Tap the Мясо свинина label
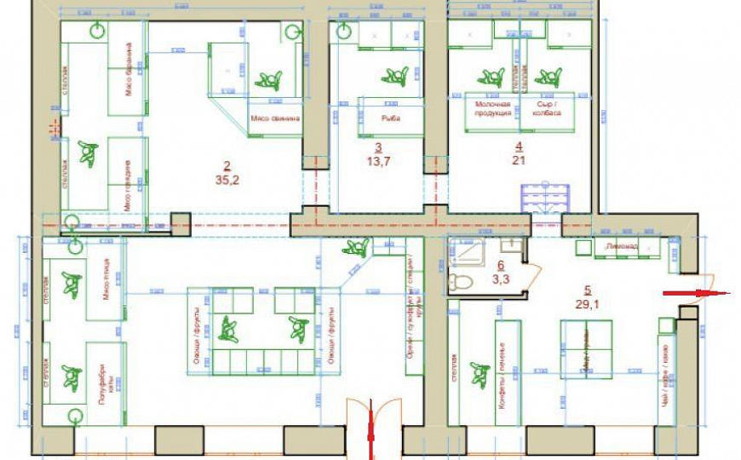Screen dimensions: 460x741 coord(275,120)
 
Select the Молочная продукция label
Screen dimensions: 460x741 coord(492,108)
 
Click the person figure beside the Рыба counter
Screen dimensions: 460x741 coord(393,76)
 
